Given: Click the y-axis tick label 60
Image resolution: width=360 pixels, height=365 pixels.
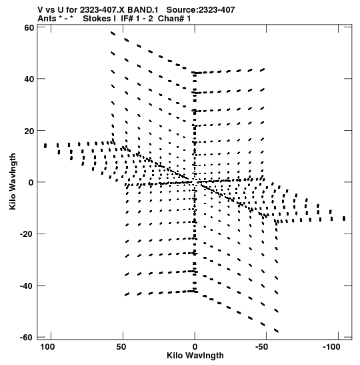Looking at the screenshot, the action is [x=29, y=28].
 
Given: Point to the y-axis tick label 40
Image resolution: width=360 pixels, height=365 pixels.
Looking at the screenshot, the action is [x=29, y=79].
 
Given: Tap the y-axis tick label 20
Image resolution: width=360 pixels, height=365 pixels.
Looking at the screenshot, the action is [x=29, y=131].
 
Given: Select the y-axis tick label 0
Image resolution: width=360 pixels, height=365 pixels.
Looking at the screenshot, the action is [x=31, y=183].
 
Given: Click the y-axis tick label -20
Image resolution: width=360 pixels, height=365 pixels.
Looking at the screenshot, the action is [x=27, y=234].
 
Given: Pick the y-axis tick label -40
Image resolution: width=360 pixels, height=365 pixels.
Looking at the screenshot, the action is [x=27, y=286].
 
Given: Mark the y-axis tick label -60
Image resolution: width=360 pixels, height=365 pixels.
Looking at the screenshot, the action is [x=27, y=337].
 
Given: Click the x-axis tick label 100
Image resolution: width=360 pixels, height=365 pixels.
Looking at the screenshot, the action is [x=48, y=347].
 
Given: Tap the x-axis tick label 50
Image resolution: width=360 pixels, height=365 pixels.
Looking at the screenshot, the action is [x=121, y=347].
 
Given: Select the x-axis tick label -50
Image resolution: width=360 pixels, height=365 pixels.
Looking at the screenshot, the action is [x=261, y=347].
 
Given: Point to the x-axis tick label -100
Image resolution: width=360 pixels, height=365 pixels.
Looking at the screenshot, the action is [x=331, y=347].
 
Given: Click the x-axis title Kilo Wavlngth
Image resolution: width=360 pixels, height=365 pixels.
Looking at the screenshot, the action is [x=195, y=356].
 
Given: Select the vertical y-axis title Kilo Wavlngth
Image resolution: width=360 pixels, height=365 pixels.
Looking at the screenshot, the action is [x=13, y=181].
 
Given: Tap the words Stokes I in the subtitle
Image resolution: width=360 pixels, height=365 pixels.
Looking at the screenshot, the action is [x=99, y=19].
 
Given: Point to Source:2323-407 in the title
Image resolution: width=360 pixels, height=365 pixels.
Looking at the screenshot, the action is [x=201, y=10].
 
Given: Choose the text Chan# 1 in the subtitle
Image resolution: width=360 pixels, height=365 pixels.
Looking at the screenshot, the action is [x=174, y=19].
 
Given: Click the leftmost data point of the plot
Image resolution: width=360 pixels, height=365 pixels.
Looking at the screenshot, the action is [x=45, y=145].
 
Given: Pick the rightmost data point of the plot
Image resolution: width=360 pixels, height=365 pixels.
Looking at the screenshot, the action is [x=344, y=218].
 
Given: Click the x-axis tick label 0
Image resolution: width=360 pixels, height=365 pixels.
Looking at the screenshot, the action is [x=195, y=347].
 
